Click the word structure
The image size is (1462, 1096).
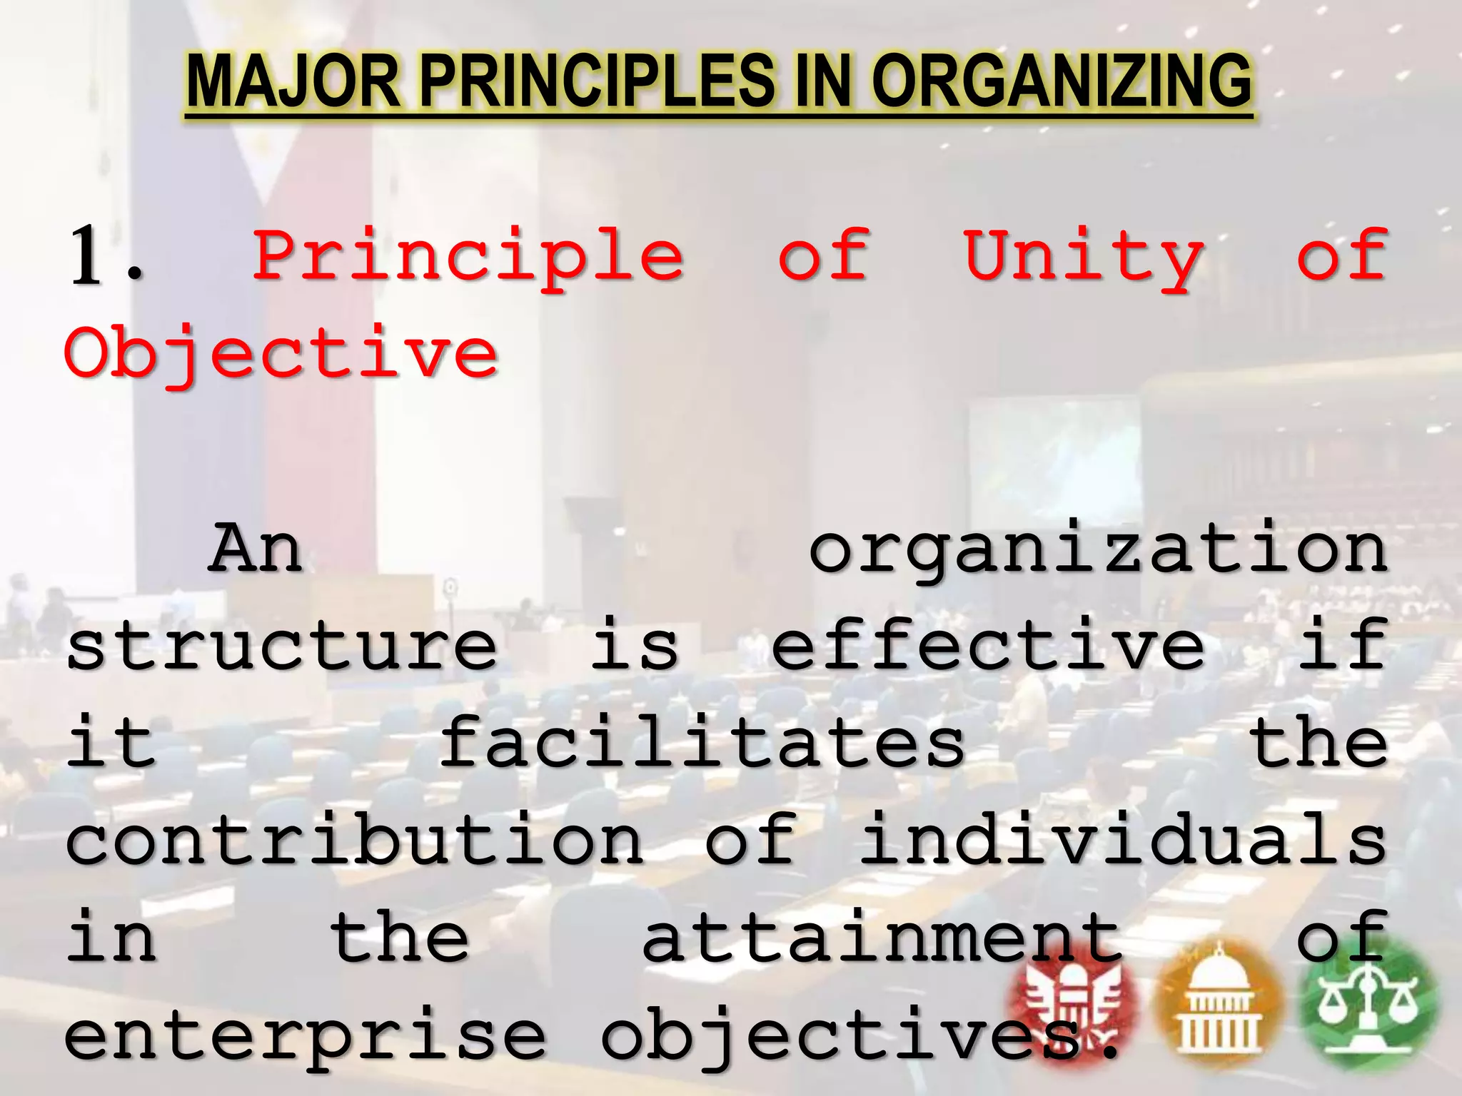pyautogui.click(x=281, y=646)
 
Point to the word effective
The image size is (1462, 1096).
pyautogui.click(x=988, y=646)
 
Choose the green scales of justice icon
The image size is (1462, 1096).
pyautogui.click(x=1368, y=1003)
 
